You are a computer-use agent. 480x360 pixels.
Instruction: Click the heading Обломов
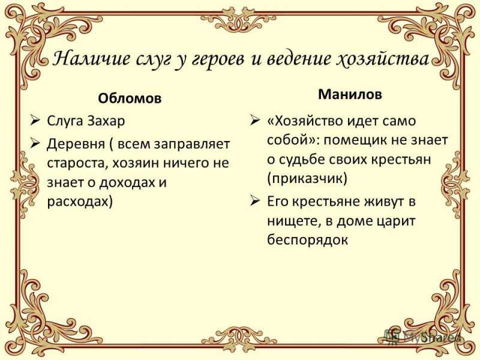(130, 98)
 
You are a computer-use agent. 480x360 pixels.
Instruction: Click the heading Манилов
(350, 94)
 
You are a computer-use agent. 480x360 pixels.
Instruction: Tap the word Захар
(106, 121)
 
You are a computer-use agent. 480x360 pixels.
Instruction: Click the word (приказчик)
(307, 178)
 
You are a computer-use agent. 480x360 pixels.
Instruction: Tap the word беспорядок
(307, 239)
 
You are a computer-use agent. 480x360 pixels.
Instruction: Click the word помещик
(354, 140)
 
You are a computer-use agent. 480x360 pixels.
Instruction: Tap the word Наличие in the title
(91, 58)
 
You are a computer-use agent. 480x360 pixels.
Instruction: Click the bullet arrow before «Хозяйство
(255, 121)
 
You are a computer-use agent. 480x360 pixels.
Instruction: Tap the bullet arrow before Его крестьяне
(255, 201)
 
